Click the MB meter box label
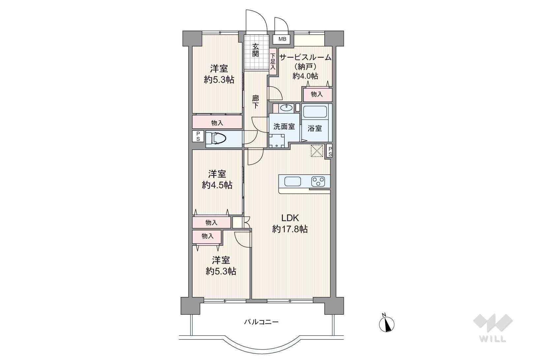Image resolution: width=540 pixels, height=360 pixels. pyautogui.click(x=282, y=39)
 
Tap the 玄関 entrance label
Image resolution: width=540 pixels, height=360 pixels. pyautogui.click(x=255, y=50)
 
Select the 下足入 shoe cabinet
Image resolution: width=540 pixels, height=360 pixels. pyautogui.click(x=273, y=62)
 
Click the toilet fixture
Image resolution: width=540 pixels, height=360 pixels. pyautogui.click(x=219, y=139)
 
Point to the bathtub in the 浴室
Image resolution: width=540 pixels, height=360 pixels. pyautogui.click(x=315, y=112)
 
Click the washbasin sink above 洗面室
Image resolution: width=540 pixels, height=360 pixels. pyautogui.click(x=286, y=108)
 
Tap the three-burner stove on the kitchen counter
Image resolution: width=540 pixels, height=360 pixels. pyautogui.click(x=318, y=182)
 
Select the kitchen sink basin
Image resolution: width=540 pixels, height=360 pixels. pyautogui.click(x=293, y=182)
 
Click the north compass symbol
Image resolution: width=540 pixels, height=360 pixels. pyautogui.click(x=386, y=323)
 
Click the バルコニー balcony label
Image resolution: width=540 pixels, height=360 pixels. pyautogui.click(x=261, y=322)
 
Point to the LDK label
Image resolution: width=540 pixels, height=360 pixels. pyautogui.click(x=290, y=218)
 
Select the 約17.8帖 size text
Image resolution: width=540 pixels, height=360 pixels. pyautogui.click(x=290, y=229)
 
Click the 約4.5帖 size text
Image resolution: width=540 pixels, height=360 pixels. pyautogui.click(x=217, y=185)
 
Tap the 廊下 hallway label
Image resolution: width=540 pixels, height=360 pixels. pyautogui.click(x=255, y=102)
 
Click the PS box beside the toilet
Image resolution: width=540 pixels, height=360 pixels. pyautogui.click(x=198, y=136)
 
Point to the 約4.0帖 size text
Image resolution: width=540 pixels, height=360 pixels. pyautogui.click(x=305, y=76)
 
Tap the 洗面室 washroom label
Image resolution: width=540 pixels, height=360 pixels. pyautogui.click(x=284, y=127)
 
